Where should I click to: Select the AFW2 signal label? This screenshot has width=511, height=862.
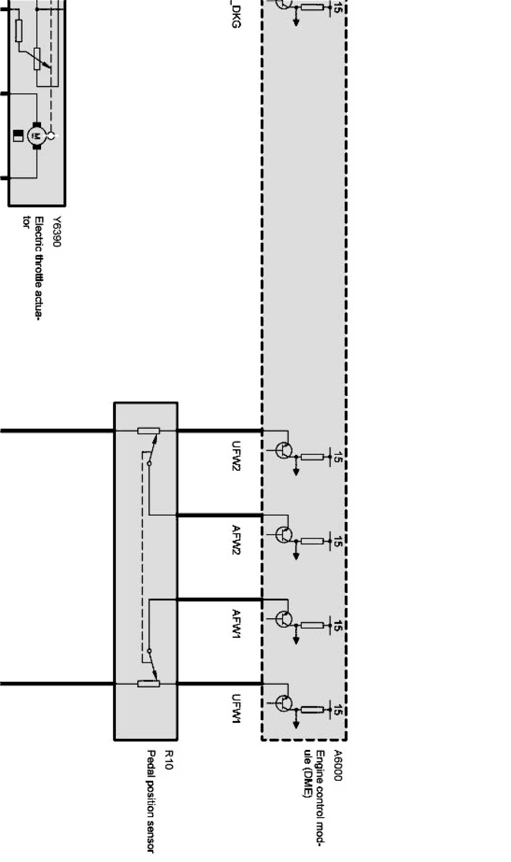[236, 540]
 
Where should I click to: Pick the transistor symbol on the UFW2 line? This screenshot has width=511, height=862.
[285, 450]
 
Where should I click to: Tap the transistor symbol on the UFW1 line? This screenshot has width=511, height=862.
[285, 703]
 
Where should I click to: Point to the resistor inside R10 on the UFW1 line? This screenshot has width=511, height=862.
[148, 684]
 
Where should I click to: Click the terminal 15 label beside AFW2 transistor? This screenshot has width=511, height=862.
[337, 542]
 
